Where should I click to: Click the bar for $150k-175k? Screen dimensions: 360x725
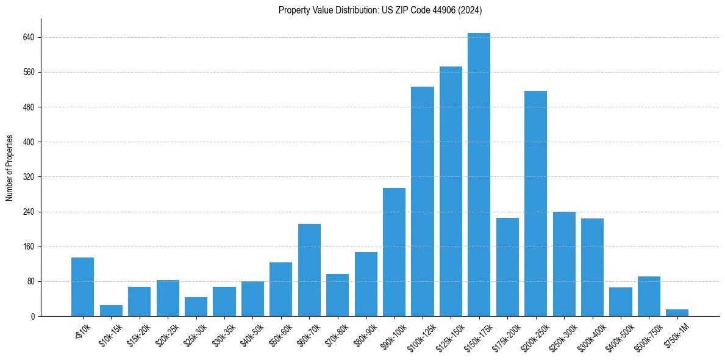click(479, 175)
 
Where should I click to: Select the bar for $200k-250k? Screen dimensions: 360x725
click(535, 203)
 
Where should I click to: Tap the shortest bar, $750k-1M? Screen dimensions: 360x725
click(677, 312)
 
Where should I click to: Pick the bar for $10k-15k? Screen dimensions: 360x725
click(111, 311)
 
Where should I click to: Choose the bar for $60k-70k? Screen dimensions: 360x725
click(309, 270)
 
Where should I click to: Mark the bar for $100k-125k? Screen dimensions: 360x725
click(422, 201)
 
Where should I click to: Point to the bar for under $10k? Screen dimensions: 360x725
click(82, 287)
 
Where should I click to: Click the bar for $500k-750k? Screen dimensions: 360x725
click(649, 296)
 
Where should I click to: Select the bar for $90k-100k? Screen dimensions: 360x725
click(394, 252)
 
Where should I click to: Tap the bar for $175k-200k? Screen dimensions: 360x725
click(507, 267)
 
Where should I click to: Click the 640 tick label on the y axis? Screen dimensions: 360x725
click(29, 37)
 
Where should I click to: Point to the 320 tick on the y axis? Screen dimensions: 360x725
click(29, 177)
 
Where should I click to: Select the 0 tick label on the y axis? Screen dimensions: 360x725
click(33, 316)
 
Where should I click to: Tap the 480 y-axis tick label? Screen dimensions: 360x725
click(29, 107)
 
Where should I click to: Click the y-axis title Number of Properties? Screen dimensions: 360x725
click(10, 167)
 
